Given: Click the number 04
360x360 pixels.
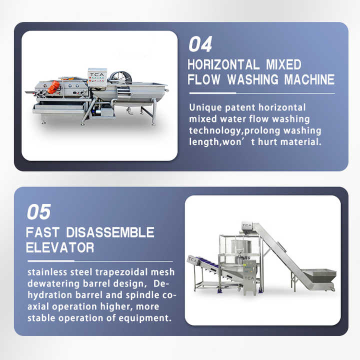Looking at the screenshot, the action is (200, 44).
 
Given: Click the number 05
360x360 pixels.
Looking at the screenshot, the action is (39, 212).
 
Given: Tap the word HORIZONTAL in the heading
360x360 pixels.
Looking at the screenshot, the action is (223, 64).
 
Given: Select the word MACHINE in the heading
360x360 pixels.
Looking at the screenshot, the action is (309, 79).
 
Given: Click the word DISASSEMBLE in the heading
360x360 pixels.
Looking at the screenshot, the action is (110, 232).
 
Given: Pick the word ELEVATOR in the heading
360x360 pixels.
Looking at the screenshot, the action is (60, 247).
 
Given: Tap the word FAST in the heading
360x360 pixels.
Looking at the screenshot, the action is (42, 232).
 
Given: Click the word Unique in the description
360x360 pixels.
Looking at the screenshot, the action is (205, 107).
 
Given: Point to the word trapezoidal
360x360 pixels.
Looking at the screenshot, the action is (121, 272).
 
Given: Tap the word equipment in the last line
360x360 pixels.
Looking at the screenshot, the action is (145, 318).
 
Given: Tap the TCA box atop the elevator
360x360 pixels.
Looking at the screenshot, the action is (247, 225).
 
